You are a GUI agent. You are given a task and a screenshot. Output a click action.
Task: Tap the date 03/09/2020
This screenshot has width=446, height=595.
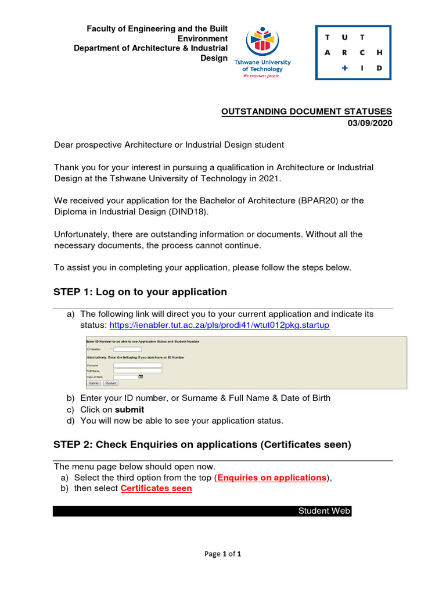[x=370, y=123]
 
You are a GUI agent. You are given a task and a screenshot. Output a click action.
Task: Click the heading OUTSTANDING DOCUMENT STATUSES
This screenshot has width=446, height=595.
[x=307, y=112]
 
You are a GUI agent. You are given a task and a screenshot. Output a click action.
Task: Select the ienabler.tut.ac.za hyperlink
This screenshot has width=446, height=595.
[x=220, y=325]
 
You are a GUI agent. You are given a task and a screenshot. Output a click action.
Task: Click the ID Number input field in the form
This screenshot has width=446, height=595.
[x=127, y=349]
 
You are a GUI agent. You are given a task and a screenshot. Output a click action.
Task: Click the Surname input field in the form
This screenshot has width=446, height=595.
[x=138, y=365]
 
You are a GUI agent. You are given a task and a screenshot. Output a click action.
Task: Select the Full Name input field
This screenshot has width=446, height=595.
[x=138, y=371]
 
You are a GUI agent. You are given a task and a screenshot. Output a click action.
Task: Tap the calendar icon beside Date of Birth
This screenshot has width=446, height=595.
[x=141, y=377]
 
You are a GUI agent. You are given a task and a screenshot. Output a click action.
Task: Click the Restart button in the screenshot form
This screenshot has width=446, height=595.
[x=111, y=383]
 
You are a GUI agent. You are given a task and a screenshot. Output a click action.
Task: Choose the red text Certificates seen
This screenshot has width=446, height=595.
[x=156, y=489]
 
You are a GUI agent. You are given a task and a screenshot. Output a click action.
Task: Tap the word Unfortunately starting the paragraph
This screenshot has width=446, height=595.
[x=82, y=235]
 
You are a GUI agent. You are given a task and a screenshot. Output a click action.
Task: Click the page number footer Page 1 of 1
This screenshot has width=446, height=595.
[x=223, y=554]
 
